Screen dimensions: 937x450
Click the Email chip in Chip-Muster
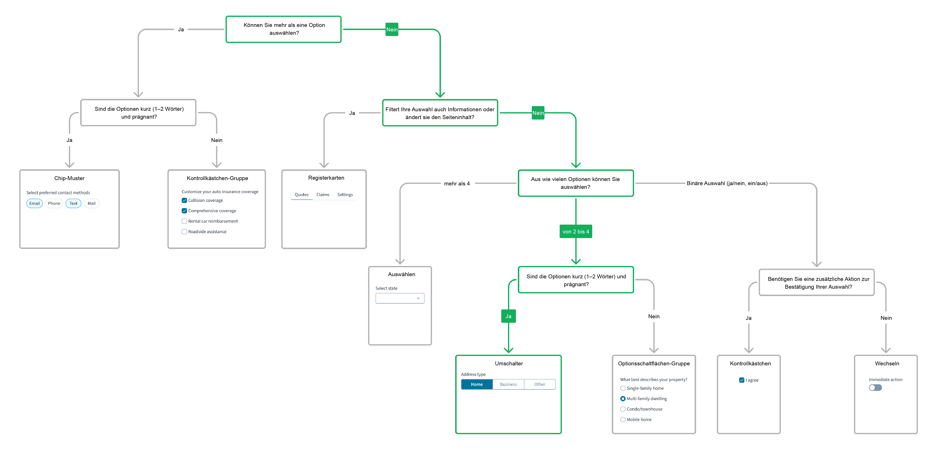[35, 204]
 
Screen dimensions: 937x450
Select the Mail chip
[92, 204]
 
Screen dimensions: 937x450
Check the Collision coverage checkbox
[184, 200]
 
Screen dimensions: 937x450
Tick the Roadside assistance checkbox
[184, 232]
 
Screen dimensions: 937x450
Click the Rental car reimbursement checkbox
[184, 221]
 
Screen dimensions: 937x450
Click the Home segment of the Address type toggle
[477, 384]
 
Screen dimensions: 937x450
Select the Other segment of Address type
[540, 384]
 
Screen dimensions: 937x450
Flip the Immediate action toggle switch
[876, 387]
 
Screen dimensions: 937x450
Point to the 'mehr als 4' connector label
[457, 184]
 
